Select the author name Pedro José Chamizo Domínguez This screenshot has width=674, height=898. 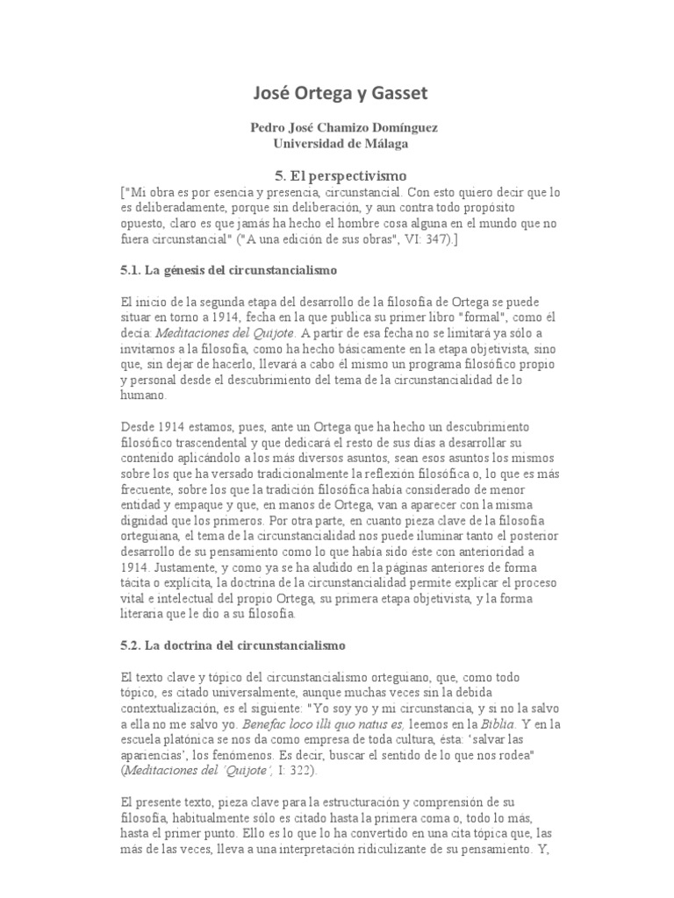click(x=345, y=127)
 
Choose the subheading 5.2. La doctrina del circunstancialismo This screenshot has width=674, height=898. click(x=232, y=645)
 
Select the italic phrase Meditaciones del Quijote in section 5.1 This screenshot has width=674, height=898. click(x=225, y=332)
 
